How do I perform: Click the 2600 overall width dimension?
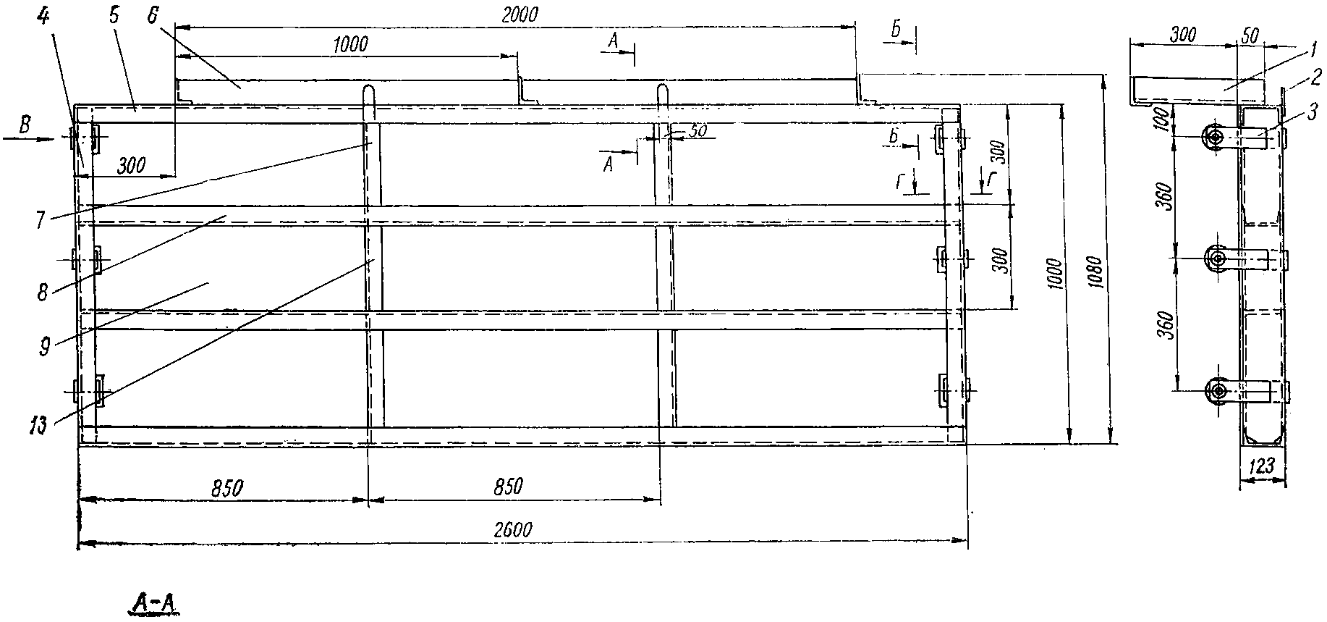514,529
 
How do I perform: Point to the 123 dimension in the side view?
1261,468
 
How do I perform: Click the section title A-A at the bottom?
154,604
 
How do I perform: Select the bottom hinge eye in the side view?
1218,391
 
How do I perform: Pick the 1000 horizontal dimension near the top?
350,43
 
